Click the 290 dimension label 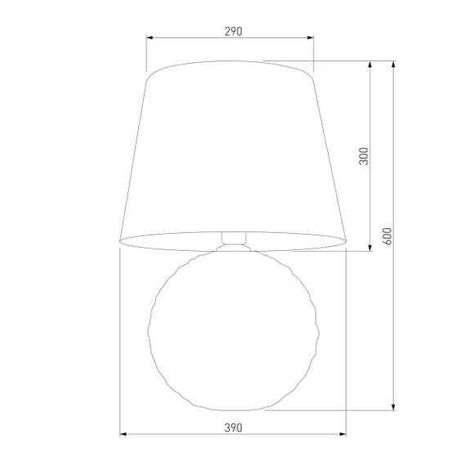pos(232,31)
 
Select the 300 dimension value pos(365,155)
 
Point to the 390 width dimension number pos(232,428)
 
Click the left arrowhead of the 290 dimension pos(150,38)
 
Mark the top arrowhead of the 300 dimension pos(372,65)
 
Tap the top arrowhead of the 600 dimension pos(395,65)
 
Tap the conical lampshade pos(232,155)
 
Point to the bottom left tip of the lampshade pos(119,241)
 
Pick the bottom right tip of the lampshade pos(347,241)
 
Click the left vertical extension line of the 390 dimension pos(120,343)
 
